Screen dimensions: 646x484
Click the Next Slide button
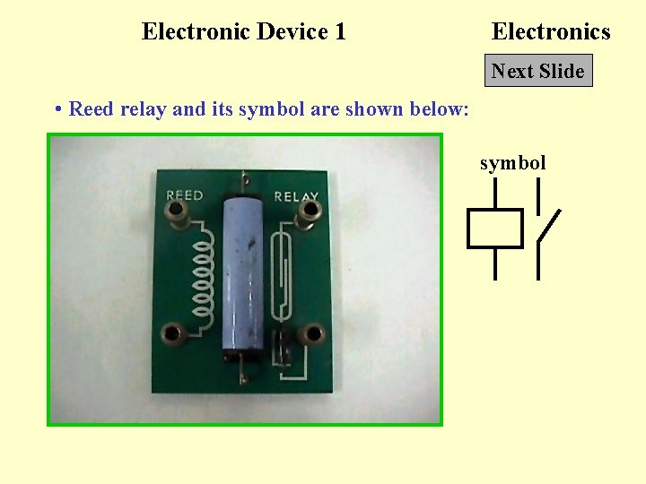coord(538,71)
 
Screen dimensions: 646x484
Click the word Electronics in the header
coord(551,32)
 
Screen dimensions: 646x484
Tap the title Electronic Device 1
coord(243,32)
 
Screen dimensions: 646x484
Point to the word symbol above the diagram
coord(512,163)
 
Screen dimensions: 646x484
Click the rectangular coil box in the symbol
coord(494,229)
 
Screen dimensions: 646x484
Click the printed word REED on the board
coord(185,195)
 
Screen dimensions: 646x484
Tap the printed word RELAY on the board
coord(295,196)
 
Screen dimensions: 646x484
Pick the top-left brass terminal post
coord(178,212)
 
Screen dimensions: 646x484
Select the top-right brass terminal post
coord(311,212)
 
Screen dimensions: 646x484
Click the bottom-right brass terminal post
coord(313,335)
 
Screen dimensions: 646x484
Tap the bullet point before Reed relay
coord(57,110)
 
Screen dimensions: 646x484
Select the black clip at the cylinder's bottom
coord(241,357)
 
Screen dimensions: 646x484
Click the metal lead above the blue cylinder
coord(246,180)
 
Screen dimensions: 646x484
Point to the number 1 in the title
coord(340,32)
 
